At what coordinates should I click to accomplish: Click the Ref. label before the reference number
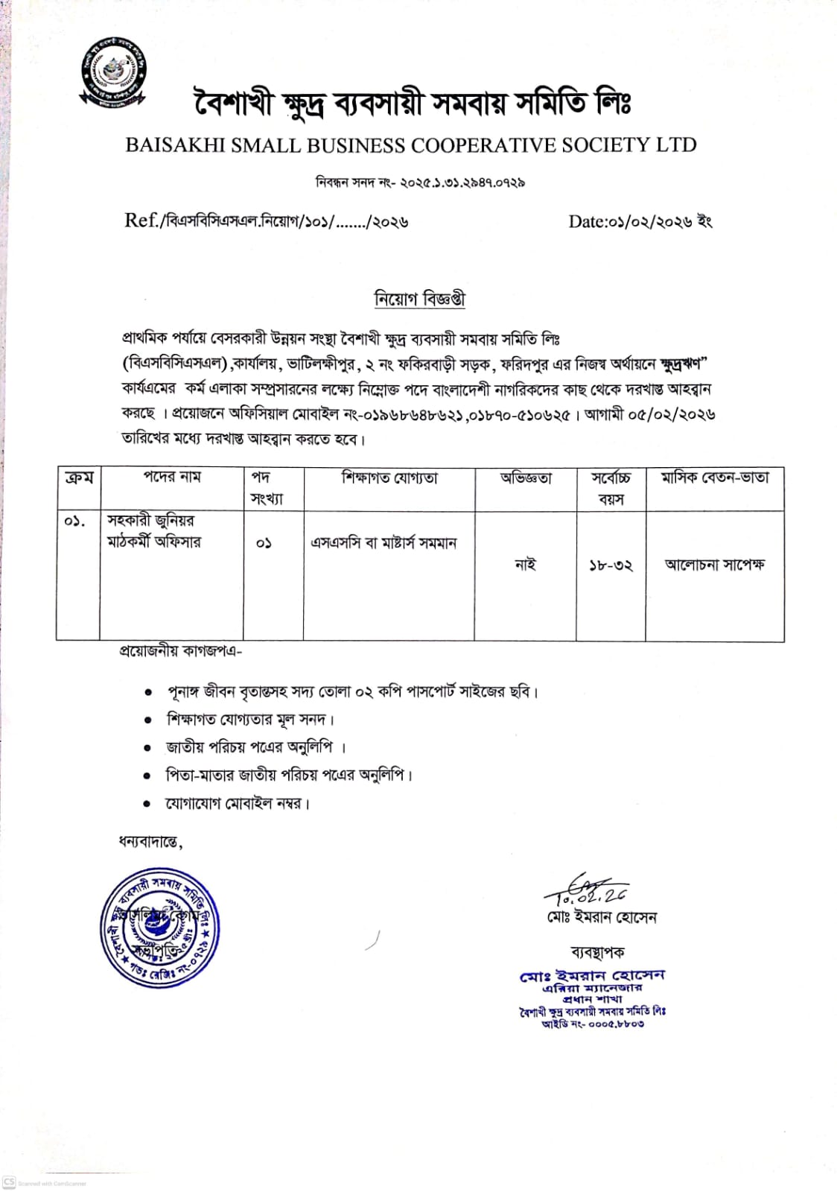pyautogui.click(x=141, y=221)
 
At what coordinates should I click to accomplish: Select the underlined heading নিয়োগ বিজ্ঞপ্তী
pyautogui.click(x=419, y=299)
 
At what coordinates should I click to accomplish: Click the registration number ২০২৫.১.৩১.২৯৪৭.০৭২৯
pyautogui.click(x=462, y=183)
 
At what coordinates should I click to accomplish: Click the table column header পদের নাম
pyautogui.click(x=172, y=478)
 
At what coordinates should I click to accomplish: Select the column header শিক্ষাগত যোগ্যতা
pyautogui.click(x=389, y=478)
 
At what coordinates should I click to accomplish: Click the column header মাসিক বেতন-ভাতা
pyautogui.click(x=714, y=478)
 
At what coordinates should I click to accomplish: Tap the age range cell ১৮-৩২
pyautogui.click(x=611, y=565)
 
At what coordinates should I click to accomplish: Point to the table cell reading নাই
pyautogui.click(x=525, y=565)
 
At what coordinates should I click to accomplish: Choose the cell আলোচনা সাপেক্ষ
pyautogui.click(x=714, y=565)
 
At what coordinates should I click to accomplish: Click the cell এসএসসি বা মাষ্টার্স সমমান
pyautogui.click(x=383, y=543)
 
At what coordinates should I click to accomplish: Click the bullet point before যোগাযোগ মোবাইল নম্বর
pyautogui.click(x=148, y=805)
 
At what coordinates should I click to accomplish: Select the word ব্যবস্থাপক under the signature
pyautogui.click(x=597, y=952)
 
